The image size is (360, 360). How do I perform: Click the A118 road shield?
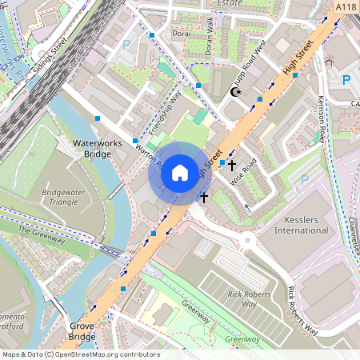click(x=346, y=7)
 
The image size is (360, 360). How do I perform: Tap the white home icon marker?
click(x=180, y=172)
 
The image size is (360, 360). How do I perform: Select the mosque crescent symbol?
click(x=235, y=93)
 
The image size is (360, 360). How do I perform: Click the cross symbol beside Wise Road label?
click(x=232, y=166)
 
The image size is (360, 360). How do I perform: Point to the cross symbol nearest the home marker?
click(x=204, y=196)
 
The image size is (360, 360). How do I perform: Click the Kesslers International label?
click(x=301, y=225)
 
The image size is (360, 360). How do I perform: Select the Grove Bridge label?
click(x=82, y=332)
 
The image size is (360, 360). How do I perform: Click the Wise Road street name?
click(x=244, y=173)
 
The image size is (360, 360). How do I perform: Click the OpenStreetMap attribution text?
click(x=81, y=354)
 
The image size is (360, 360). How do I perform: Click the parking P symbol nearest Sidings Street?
click(x=125, y=46)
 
